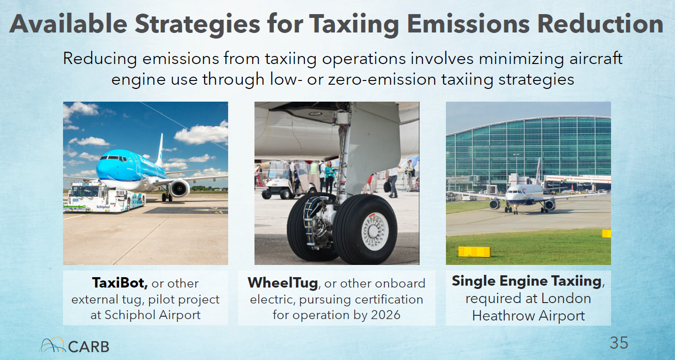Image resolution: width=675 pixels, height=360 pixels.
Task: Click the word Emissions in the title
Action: (x=469, y=24)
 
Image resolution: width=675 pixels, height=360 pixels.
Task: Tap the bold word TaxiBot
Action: (x=119, y=283)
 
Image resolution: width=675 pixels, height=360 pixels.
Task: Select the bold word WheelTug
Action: (x=283, y=283)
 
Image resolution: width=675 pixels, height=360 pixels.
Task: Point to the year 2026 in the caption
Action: (x=385, y=315)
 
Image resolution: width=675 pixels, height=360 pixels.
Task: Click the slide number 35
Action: (x=619, y=343)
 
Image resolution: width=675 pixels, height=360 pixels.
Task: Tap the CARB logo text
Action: (x=88, y=347)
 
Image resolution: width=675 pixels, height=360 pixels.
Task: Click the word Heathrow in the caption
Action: (x=503, y=316)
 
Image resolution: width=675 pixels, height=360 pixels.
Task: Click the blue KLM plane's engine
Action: (x=180, y=189)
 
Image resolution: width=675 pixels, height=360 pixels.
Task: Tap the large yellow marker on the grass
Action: (x=474, y=252)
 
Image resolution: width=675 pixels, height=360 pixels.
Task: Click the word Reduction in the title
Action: (x=600, y=24)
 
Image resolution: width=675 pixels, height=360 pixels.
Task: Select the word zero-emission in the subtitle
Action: (x=382, y=80)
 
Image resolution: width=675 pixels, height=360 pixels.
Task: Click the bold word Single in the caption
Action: (x=474, y=281)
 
